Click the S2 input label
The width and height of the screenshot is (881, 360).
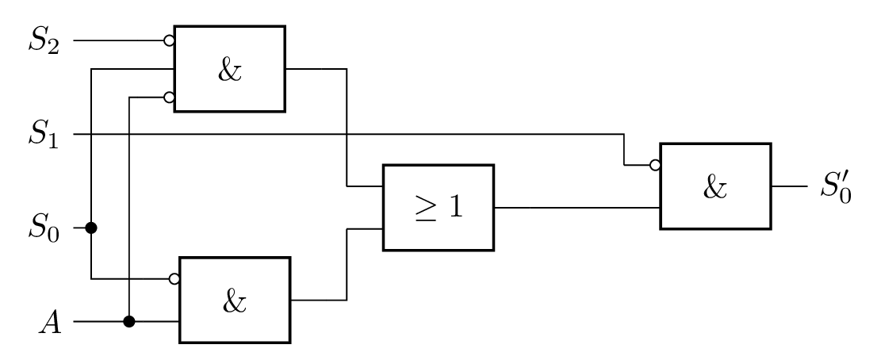coord(44,41)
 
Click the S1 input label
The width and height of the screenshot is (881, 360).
coord(44,135)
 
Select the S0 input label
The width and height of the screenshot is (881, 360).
coord(44,228)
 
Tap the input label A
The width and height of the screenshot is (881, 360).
coord(51,323)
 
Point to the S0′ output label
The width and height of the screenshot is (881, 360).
coord(836,186)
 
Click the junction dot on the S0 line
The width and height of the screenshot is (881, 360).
coord(91,228)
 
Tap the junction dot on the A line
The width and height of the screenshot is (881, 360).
coord(129,322)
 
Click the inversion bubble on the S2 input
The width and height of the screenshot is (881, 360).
coord(169,41)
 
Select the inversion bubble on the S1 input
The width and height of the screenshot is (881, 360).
coord(654,165)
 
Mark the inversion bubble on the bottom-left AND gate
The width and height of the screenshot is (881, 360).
coord(174,278)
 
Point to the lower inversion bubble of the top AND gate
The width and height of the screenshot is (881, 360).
coord(169,98)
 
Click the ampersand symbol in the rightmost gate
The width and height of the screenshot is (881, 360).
coord(715,188)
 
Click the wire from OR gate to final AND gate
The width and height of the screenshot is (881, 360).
coord(577,208)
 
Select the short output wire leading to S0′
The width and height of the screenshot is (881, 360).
coord(790,186)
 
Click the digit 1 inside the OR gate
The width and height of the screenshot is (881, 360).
coord(454,207)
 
